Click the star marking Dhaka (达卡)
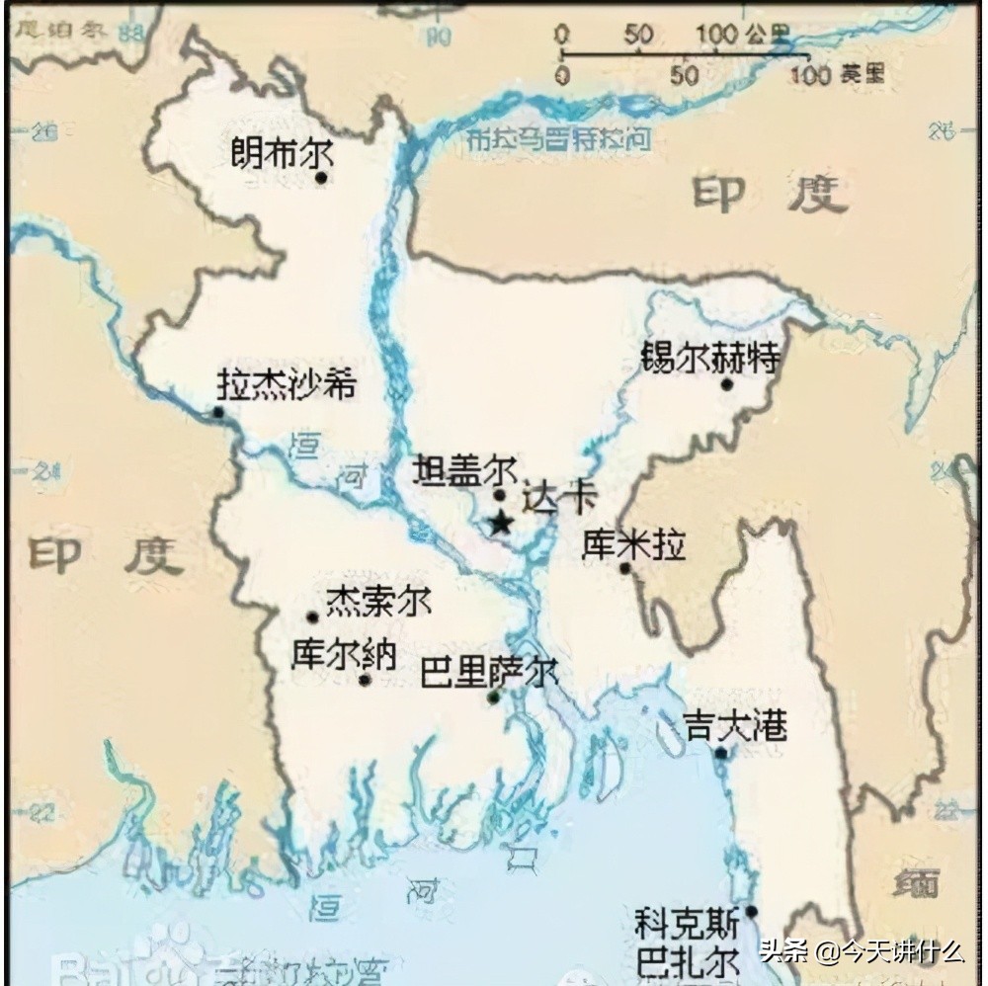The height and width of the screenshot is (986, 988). [501, 523]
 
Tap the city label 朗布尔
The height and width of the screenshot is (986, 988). [281, 153]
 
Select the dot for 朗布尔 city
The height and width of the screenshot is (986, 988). [321, 178]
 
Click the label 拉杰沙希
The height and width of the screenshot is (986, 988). [286, 384]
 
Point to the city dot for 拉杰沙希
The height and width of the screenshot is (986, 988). [218, 412]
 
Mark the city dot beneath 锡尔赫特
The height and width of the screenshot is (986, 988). [726, 383]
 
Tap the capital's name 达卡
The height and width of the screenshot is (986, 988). [559, 497]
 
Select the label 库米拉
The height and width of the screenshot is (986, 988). [633, 544]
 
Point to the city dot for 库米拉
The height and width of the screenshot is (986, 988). [624, 568]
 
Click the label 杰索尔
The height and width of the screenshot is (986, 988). [378, 600]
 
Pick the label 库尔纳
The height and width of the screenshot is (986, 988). [343, 654]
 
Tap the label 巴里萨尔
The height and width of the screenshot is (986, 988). [488, 673]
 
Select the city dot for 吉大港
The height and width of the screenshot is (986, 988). [721, 753]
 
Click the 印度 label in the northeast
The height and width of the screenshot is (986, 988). [769, 195]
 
